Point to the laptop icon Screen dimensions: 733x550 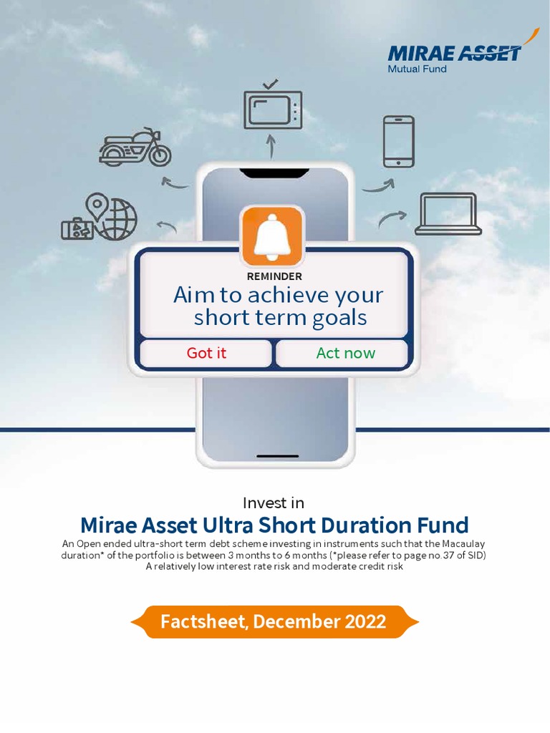pos(448,213)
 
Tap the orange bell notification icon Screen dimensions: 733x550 pos(273,236)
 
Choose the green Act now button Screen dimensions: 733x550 pos(345,353)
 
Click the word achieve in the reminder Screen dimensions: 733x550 pos(286,296)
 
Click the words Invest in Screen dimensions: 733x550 pos(274,503)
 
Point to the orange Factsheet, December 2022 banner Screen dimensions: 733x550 pos(274,621)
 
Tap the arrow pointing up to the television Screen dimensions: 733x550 pos(271,147)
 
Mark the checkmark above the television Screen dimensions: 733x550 pos(271,84)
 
